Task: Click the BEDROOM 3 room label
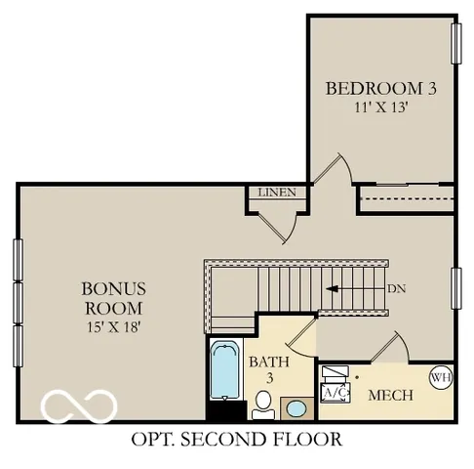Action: pos(380,89)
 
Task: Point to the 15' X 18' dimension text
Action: pos(113,326)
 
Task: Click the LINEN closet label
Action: pos(276,192)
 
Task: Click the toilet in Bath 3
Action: pos(263,401)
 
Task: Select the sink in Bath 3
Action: pos(294,407)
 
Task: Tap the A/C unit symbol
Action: pos(335,392)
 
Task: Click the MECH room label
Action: pos(389,396)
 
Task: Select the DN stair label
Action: pos(397,288)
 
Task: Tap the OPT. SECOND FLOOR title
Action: pos(237,439)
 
